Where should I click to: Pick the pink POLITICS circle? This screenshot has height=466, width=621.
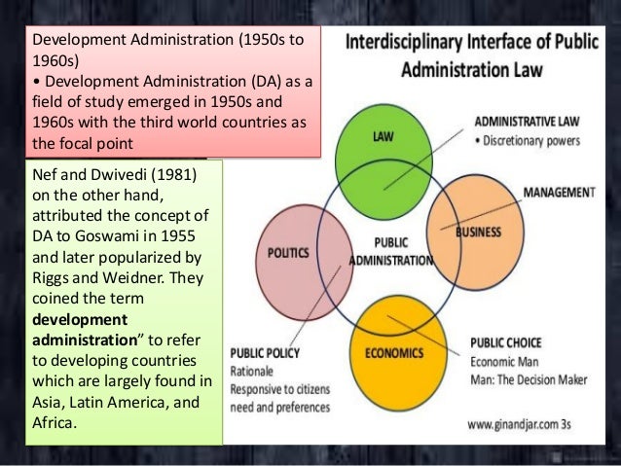pyautogui.click(x=291, y=255)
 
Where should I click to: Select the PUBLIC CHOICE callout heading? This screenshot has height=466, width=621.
pyautogui.click(x=506, y=341)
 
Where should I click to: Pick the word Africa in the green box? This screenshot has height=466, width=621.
pyautogui.click(x=56, y=423)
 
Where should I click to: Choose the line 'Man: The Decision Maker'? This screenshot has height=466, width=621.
pyautogui.click(x=535, y=376)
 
